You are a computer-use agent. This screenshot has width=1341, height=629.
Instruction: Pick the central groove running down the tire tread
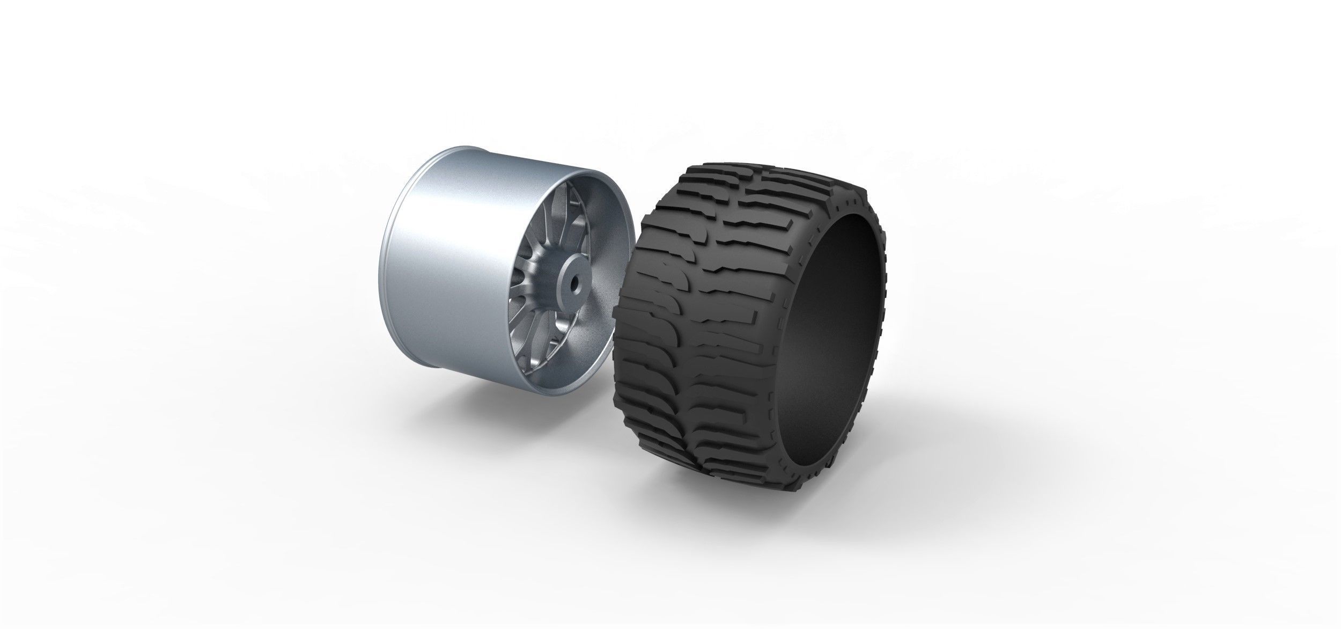click(x=708, y=322)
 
